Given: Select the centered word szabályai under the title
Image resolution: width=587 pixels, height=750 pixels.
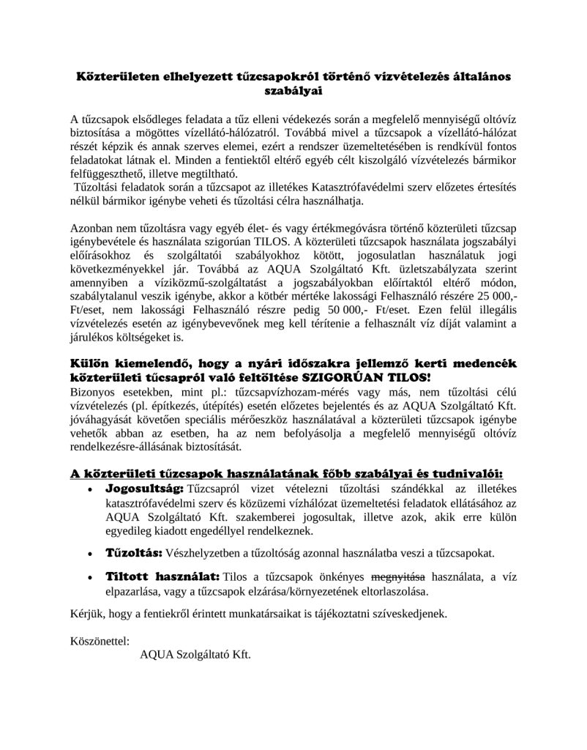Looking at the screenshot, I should tap(293, 91).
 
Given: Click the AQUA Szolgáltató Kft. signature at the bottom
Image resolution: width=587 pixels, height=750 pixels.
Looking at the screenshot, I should tap(195, 654).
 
